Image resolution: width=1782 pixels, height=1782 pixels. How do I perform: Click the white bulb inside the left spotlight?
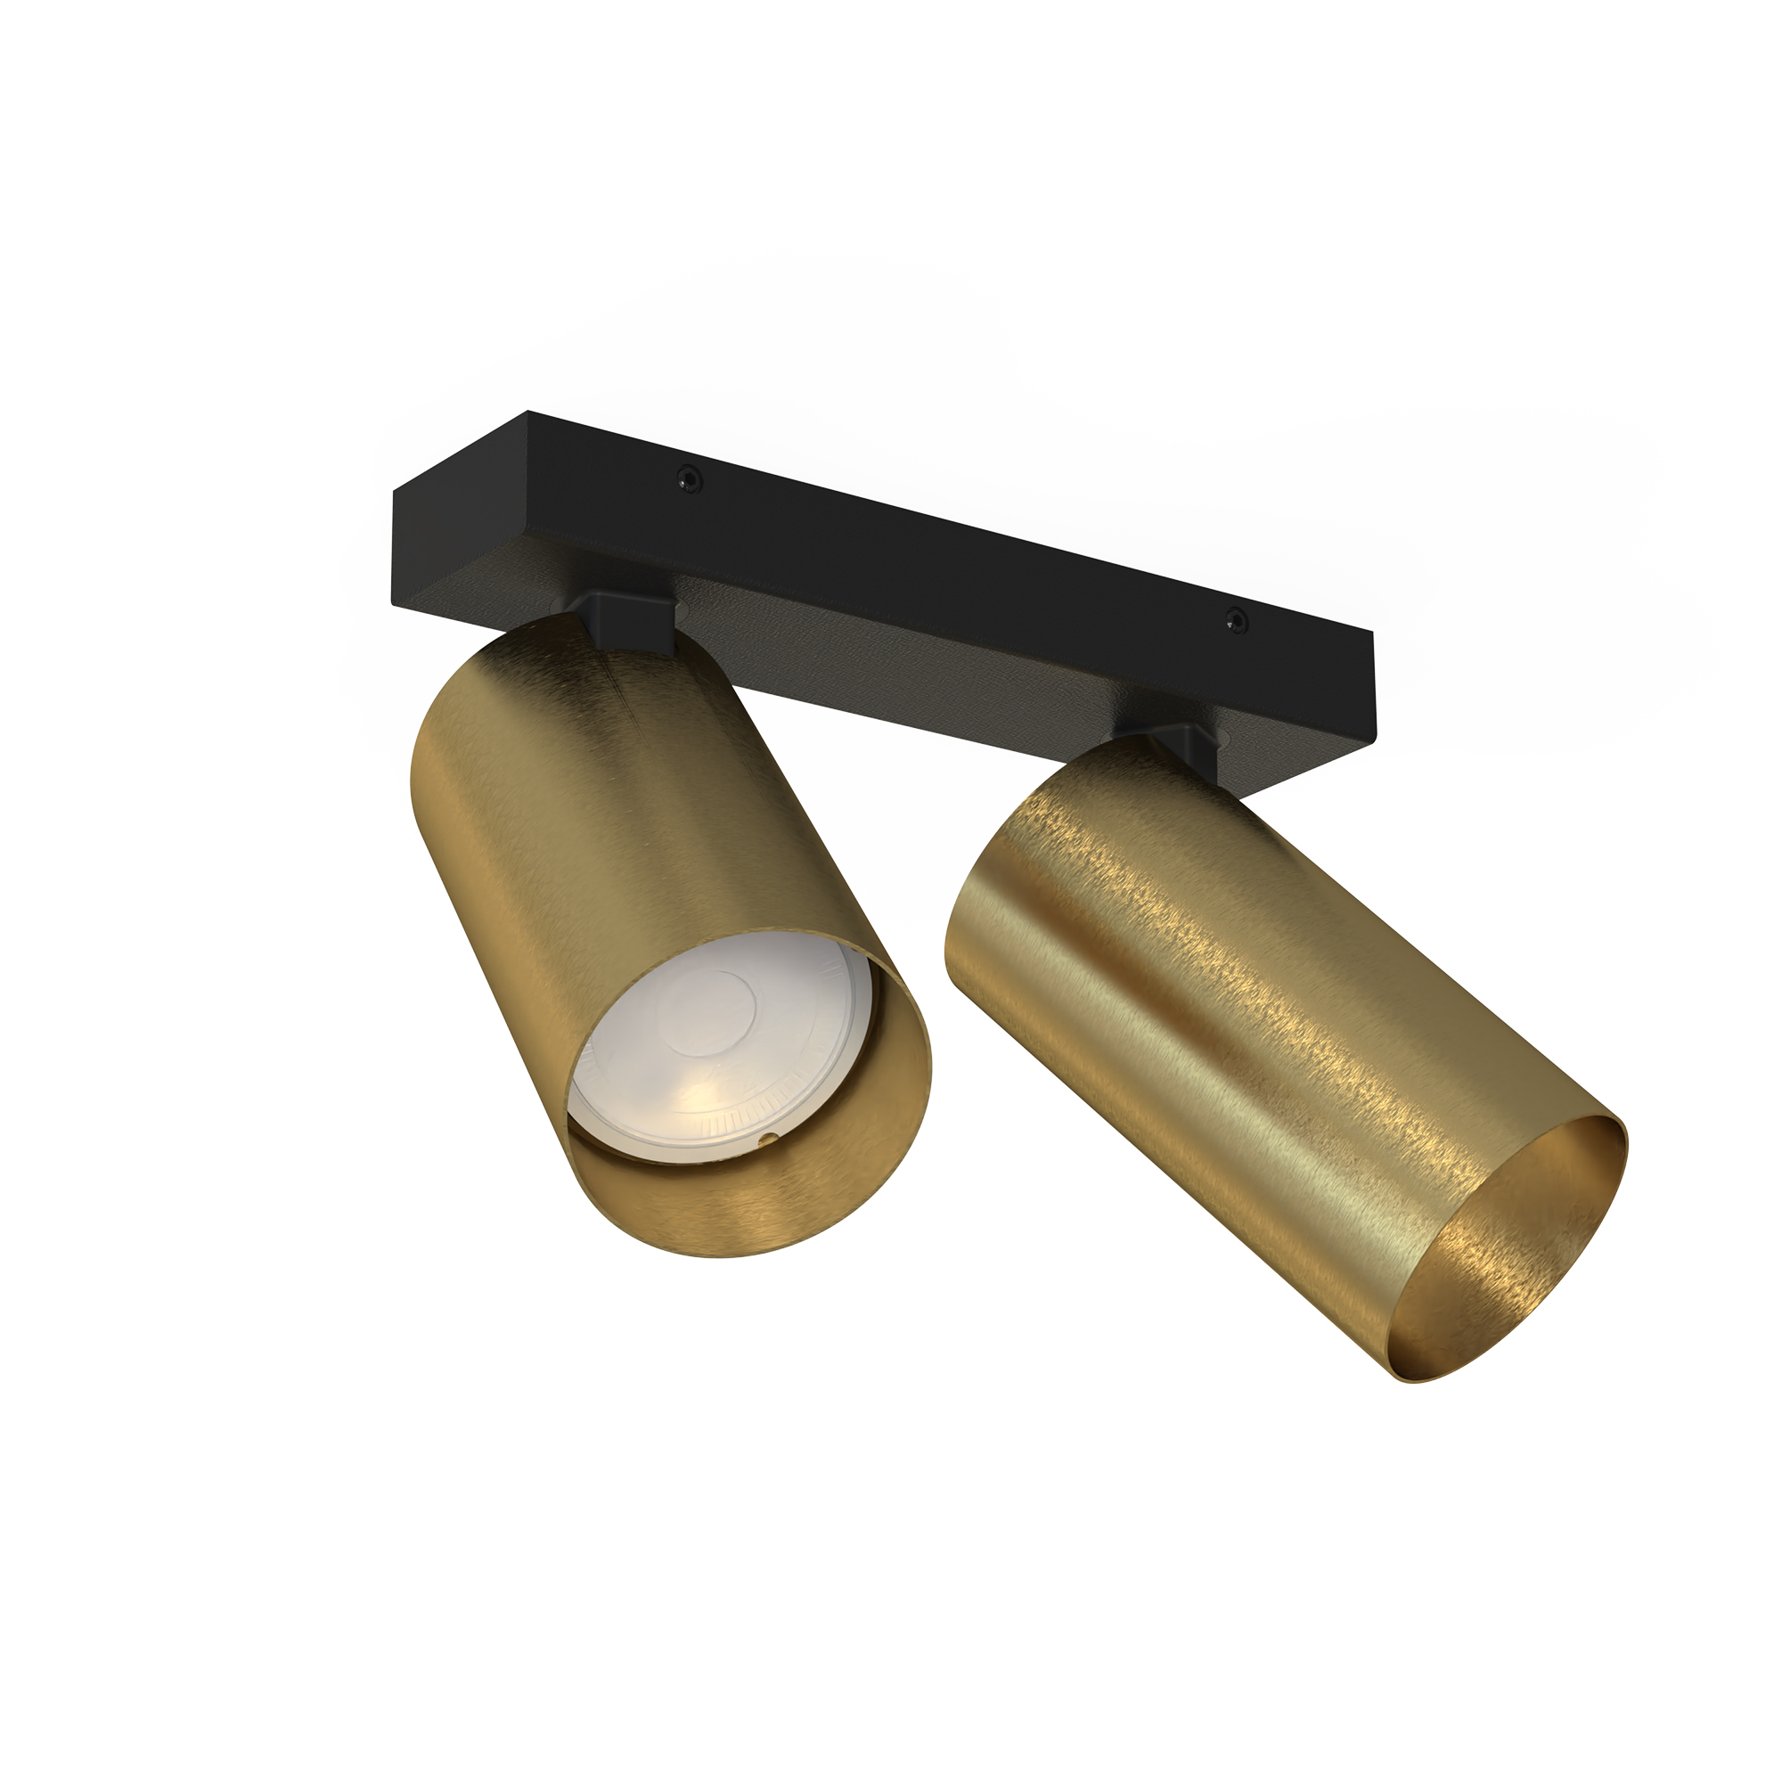719,1042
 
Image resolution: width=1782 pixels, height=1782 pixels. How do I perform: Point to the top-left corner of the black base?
527,413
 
